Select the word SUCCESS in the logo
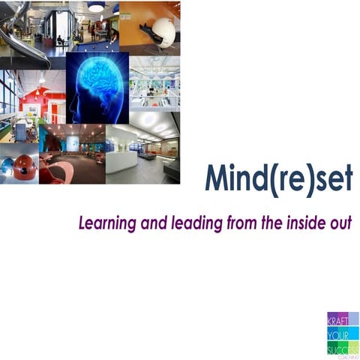[x=342, y=347]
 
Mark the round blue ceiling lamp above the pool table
[x=97, y=7]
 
